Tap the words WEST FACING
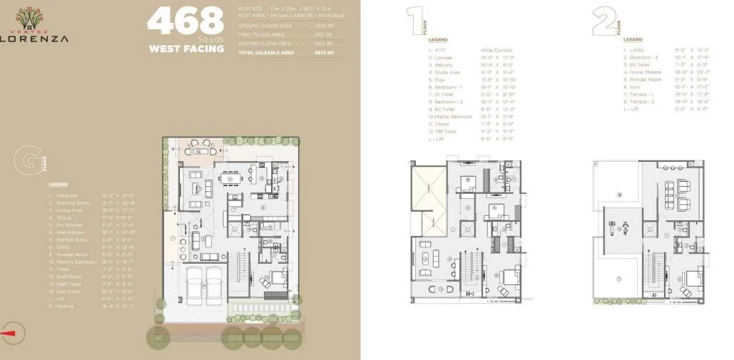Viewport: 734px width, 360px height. [185, 49]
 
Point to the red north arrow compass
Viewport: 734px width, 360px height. [11, 329]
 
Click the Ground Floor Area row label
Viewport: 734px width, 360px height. [262, 26]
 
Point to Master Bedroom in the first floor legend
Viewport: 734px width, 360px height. [454, 116]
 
